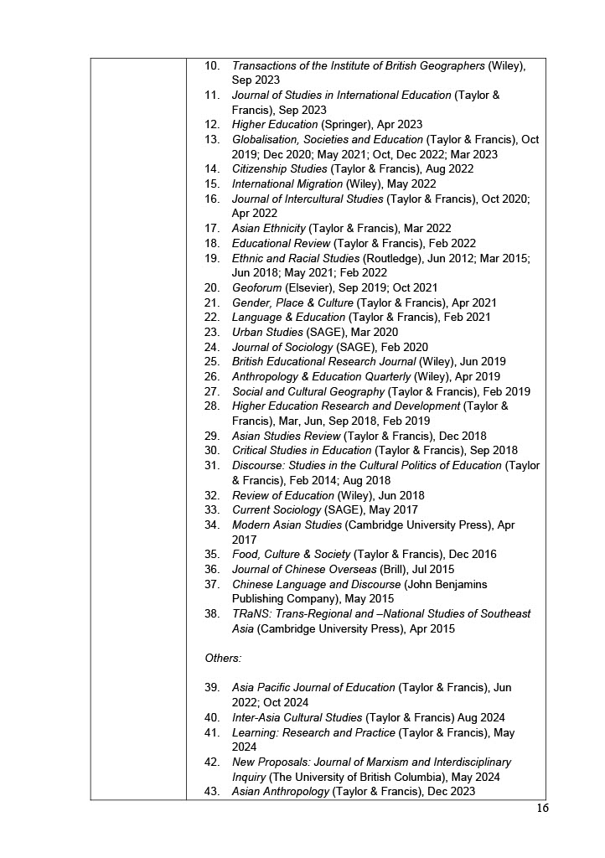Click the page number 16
click(x=542, y=809)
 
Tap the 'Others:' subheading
click(x=223, y=659)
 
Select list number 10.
click(x=212, y=65)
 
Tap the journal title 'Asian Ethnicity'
click(x=268, y=228)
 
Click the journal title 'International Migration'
click(x=287, y=183)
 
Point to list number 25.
click(x=212, y=362)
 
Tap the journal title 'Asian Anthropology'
click(x=281, y=792)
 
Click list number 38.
click(x=212, y=614)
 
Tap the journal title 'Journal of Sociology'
click(x=282, y=347)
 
